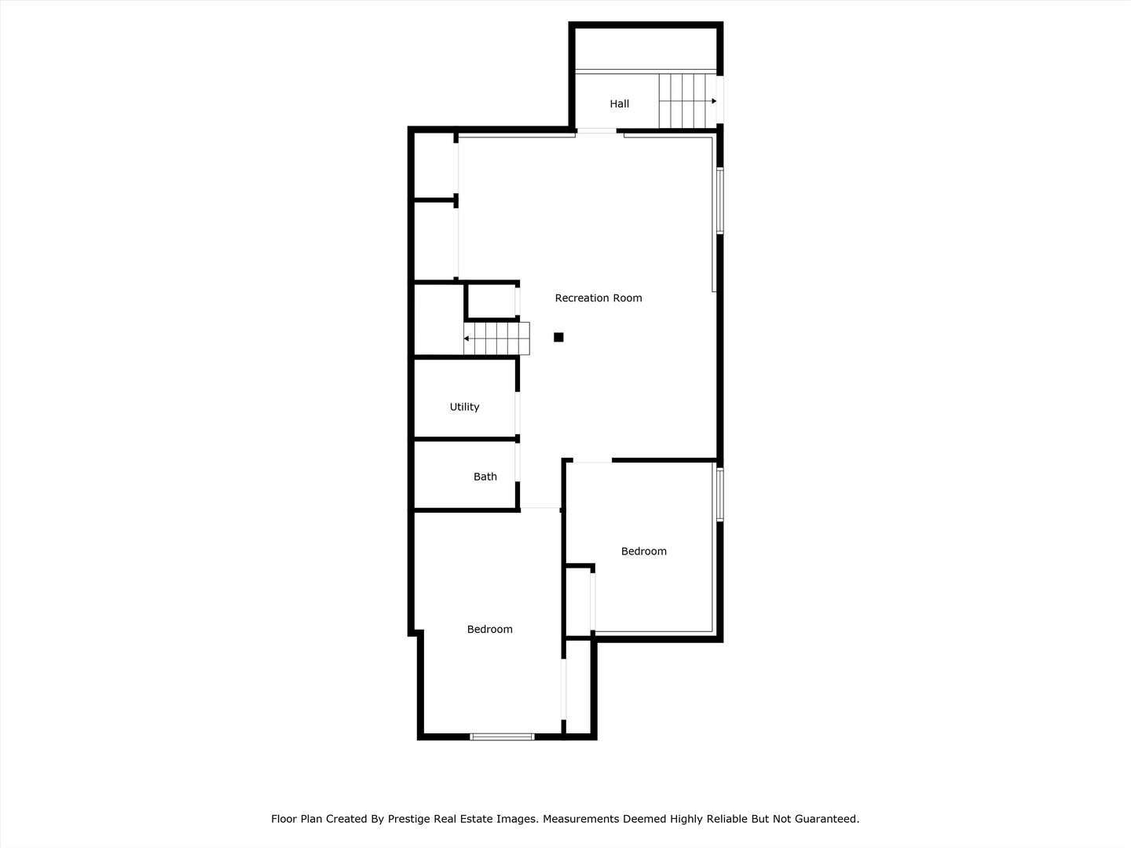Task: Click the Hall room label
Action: [620, 104]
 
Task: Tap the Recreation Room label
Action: [598, 298]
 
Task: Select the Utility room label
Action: [464, 407]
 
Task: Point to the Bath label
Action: [485, 477]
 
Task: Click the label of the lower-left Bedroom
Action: [489, 629]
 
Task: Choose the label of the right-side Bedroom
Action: [644, 551]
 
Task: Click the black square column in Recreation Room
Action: [558, 338]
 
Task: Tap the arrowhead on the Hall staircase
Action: [714, 101]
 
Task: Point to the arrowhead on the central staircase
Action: [467, 338]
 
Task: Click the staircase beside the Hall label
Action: [685, 101]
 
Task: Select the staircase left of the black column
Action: [496, 338]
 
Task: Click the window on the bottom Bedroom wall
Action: [502, 737]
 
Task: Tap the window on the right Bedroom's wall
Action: [719, 495]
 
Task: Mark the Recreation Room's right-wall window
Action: [719, 200]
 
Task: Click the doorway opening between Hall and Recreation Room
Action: [597, 130]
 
